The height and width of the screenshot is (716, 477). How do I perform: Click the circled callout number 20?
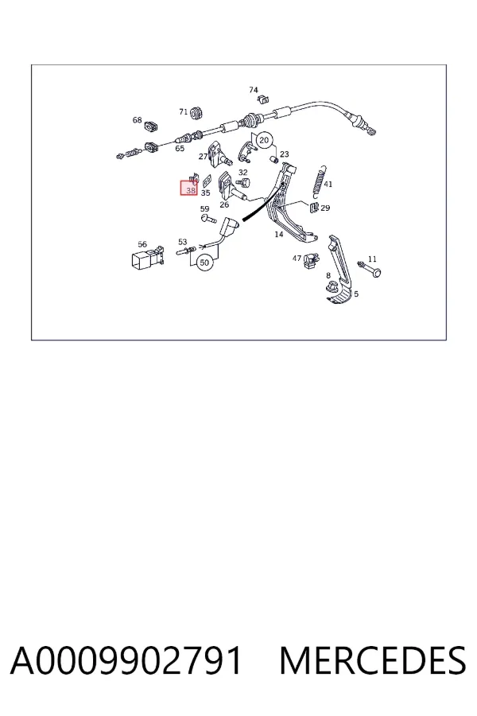[x=264, y=140]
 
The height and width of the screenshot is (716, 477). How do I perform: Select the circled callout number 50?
[x=204, y=263]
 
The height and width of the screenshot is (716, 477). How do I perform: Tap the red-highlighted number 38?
[x=190, y=190]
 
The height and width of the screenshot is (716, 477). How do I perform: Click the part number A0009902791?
[x=126, y=660]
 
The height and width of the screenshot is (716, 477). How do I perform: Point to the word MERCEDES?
[x=373, y=660]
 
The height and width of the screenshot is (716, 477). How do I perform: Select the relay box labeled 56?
[x=145, y=258]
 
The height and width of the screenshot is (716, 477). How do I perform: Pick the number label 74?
[x=254, y=90]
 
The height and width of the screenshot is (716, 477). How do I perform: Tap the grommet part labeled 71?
[x=196, y=112]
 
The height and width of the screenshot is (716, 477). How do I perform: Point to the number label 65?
[x=180, y=149]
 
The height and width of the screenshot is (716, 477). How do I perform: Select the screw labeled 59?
[x=208, y=219]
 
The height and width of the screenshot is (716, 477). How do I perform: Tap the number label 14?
[x=279, y=234]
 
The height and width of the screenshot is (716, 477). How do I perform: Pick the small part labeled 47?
[x=310, y=261]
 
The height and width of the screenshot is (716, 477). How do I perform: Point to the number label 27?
[x=203, y=157]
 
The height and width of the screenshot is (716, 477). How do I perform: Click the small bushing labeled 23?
[x=275, y=159]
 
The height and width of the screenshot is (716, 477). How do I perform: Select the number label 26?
[x=224, y=204]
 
